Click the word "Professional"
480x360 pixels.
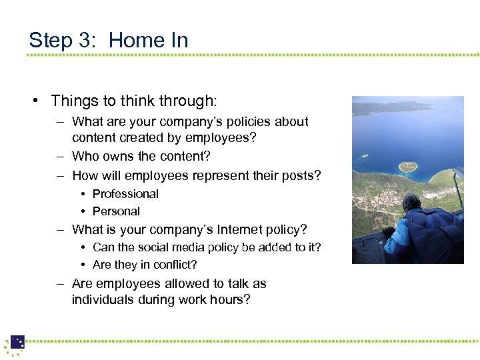125,194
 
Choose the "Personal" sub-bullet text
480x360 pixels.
116,211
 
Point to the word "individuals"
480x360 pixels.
103,300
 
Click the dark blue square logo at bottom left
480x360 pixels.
17,342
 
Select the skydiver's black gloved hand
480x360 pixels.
387,233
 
